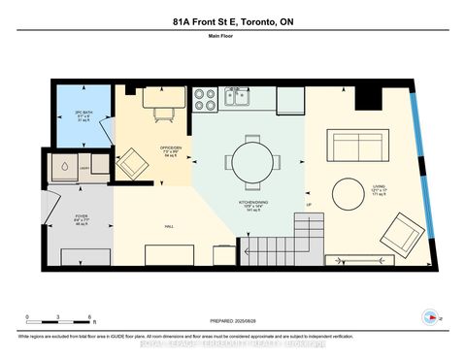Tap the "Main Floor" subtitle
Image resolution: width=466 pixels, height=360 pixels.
pos(232,39)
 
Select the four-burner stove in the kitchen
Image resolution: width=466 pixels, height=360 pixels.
pos(205,97)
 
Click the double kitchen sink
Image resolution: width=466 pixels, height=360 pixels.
pos(237,96)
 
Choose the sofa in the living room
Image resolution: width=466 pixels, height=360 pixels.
pos(360,146)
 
